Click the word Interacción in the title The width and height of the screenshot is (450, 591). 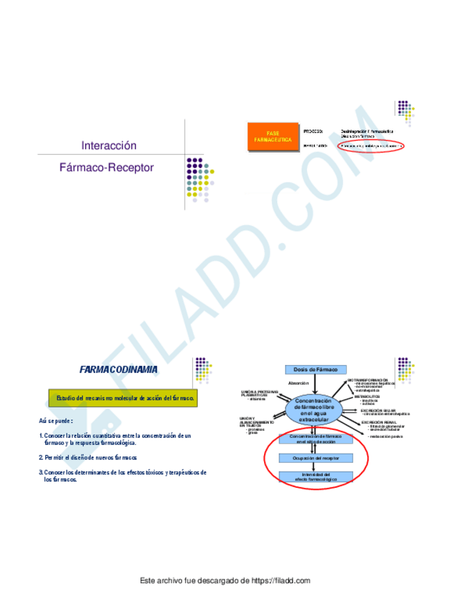108,146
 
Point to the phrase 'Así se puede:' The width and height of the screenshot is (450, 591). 56,421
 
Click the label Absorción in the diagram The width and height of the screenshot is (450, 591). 298,383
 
